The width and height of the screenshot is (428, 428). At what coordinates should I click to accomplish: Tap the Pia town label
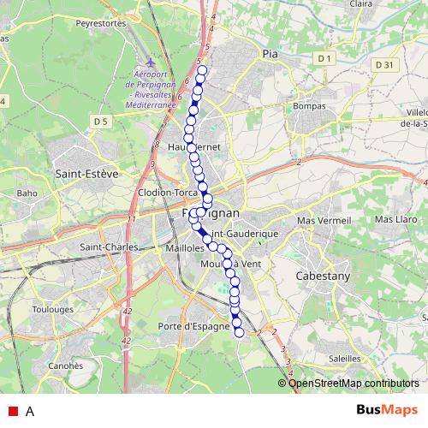coord(271,53)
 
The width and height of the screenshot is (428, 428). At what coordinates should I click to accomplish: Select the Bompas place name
coord(310,105)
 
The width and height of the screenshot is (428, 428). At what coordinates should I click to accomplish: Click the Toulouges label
coord(53,308)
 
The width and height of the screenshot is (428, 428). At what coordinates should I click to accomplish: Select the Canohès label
coord(63,365)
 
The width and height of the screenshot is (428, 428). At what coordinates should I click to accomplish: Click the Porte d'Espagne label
coord(194,327)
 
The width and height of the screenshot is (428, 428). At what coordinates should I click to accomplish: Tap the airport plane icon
coord(151,63)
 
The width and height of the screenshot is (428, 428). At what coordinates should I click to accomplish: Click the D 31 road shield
coord(383,64)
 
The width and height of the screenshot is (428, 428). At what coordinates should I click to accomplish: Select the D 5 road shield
coord(101,122)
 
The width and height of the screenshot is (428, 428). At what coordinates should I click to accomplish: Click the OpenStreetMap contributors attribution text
coord(354,383)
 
